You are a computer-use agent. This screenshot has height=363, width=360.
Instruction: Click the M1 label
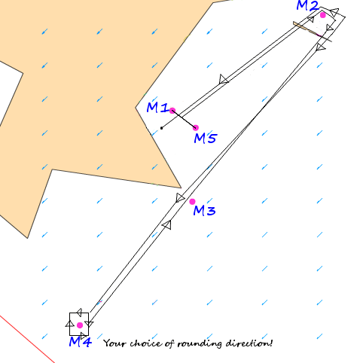click(157, 108)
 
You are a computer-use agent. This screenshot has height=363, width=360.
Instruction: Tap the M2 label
click(307, 5)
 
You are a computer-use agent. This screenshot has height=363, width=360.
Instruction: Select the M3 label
click(204, 210)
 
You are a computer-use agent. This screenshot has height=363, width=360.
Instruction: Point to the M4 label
click(81, 342)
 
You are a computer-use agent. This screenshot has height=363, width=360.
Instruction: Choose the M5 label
click(205, 138)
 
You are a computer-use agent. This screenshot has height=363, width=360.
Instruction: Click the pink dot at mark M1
click(172, 111)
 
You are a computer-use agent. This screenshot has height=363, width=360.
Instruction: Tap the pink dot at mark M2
click(323, 15)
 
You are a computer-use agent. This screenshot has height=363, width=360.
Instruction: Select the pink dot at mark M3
click(192, 202)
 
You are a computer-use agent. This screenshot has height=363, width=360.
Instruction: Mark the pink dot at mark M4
click(80, 325)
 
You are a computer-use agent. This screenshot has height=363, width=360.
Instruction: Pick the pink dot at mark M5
click(196, 128)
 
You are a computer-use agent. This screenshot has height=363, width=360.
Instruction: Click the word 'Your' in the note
click(114, 343)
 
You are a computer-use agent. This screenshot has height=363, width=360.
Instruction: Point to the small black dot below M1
click(162, 128)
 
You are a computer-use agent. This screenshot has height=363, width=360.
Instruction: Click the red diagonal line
click(27, 339)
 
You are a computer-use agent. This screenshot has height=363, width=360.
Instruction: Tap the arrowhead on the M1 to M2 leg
click(223, 79)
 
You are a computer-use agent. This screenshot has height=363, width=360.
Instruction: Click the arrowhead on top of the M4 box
click(79, 313)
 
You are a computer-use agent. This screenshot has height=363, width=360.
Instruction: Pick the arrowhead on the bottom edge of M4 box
click(84, 335)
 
